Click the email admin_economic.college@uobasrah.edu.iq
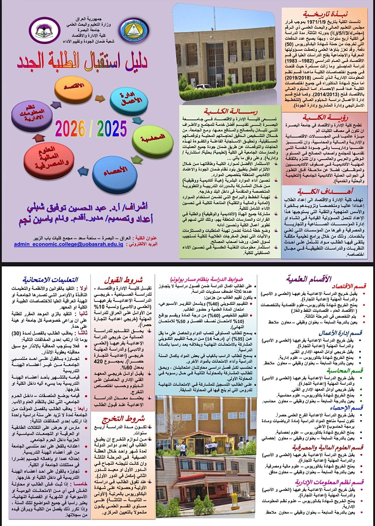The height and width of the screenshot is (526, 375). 68,244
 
